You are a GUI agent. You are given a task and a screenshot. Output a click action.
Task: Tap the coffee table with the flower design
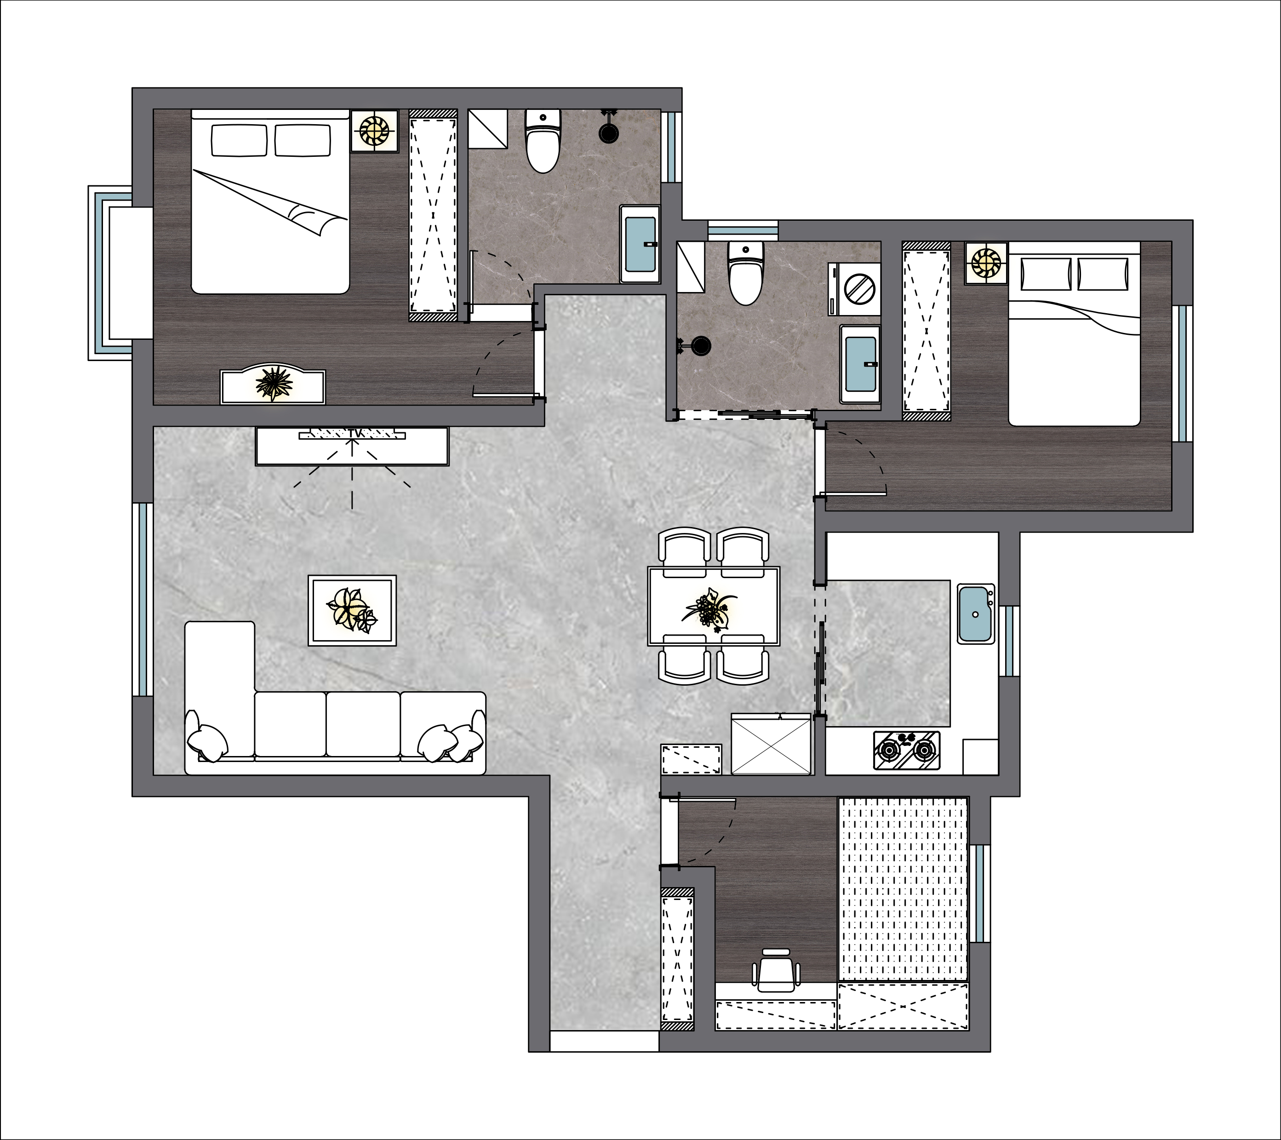point(352,610)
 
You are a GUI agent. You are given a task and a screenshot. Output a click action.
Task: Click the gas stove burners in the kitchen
point(907,750)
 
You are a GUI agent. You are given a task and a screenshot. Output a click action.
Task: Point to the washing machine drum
point(859,289)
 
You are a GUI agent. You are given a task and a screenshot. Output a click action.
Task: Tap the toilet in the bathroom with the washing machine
point(746,273)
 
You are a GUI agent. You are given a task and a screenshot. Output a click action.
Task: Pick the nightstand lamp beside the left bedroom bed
point(374,131)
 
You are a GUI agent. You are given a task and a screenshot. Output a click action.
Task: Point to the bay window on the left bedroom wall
point(110,273)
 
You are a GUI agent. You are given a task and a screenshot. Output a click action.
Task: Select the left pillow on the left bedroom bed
point(239,140)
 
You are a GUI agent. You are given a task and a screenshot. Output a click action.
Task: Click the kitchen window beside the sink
point(1008,641)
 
